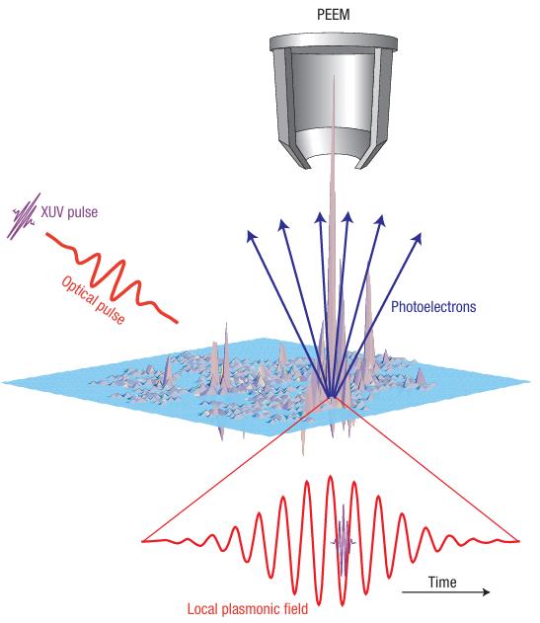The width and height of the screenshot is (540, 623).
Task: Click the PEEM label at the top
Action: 334,15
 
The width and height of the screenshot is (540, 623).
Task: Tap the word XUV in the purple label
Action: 53,211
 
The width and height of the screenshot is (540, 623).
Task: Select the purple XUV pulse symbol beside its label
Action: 23,216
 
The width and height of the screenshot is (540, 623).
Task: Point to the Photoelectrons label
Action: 433,306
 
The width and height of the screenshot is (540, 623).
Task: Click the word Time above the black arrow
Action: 442,583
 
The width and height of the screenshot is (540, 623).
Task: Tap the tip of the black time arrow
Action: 490,592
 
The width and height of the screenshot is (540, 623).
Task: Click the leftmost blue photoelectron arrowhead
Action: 251,236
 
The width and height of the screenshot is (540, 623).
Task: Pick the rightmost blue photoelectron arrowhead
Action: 417,238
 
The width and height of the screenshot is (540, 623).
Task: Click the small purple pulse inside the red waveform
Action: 343,542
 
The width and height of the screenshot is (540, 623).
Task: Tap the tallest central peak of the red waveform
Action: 330,477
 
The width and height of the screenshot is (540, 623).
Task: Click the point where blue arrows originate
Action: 332,397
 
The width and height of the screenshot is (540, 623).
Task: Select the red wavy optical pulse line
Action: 111,275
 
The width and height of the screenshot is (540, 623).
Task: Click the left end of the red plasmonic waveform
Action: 143,541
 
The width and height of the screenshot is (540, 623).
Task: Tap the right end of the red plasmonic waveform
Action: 518,541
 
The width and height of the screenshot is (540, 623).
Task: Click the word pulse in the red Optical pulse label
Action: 110,312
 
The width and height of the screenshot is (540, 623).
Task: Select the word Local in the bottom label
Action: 201,609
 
